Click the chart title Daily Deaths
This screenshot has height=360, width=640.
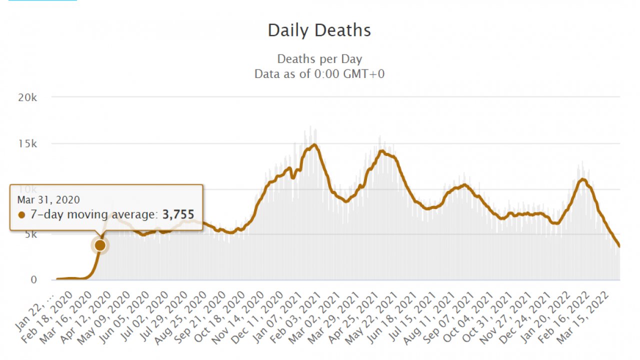[319, 30]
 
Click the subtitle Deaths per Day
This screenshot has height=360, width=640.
[319, 59]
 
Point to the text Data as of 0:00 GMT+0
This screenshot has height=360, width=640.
[319, 74]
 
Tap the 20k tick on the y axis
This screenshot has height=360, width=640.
[27, 97]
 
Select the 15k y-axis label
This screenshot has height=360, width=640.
[27, 143]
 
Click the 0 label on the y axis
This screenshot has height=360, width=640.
[33, 280]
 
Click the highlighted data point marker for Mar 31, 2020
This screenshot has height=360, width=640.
[100, 245]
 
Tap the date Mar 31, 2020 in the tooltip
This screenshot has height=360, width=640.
[48, 200]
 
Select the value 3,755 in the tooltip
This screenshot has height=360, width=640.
[178, 214]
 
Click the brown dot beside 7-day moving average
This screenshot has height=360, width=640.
[21, 215]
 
